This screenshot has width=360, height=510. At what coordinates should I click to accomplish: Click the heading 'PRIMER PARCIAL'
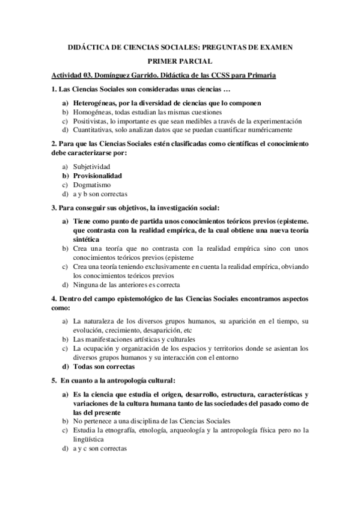tap(180, 61)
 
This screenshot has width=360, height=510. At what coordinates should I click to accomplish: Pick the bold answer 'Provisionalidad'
tap(97, 176)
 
